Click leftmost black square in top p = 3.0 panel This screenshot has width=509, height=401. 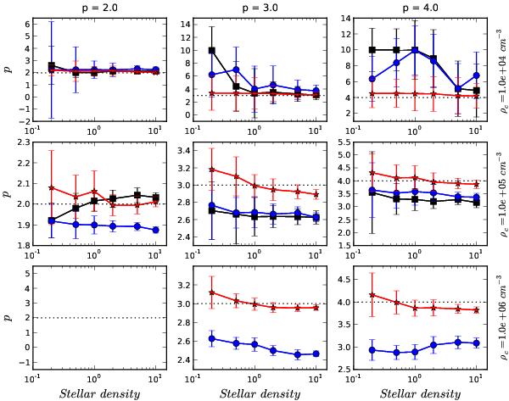click(210, 51)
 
